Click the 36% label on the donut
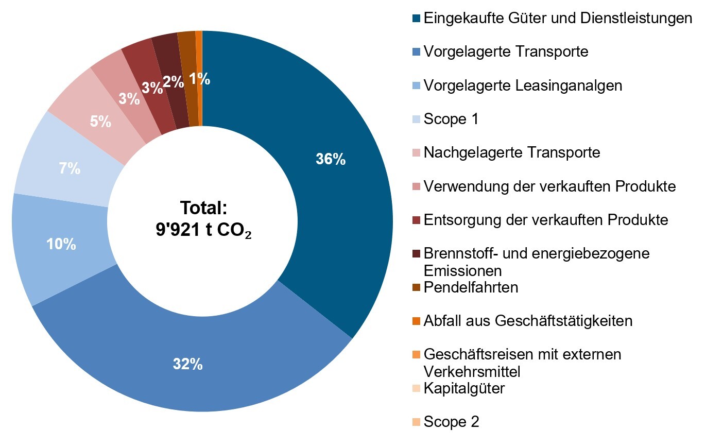[x=331, y=160]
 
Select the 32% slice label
[x=187, y=365]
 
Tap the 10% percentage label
[x=61, y=244]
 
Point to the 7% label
[x=69, y=168]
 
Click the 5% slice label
[x=100, y=122]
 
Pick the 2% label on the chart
[x=174, y=81]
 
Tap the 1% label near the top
[x=199, y=79]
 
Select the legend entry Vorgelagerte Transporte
[x=506, y=51]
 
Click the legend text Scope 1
[x=451, y=119]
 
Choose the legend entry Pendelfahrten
[x=471, y=287]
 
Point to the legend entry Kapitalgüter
[x=464, y=388]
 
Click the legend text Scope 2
[x=452, y=422]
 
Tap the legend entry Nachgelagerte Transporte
[x=512, y=152]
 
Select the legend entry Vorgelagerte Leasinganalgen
[x=523, y=85]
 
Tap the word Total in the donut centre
[x=203, y=208]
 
